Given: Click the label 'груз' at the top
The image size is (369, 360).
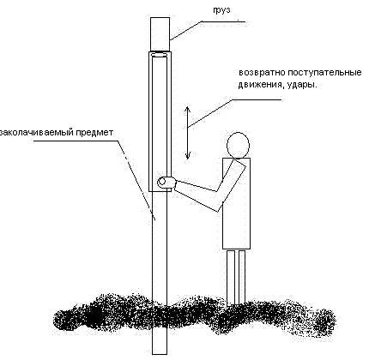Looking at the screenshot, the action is coord(221,9).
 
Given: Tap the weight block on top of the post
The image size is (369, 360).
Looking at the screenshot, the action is coord(160,33).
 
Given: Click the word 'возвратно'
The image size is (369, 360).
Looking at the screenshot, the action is coord(262,73).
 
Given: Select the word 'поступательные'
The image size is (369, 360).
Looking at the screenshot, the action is coord(324,73).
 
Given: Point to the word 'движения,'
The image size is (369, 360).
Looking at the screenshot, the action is coord(260,85).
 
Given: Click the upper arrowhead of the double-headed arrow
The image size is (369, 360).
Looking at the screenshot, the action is coord(187,109).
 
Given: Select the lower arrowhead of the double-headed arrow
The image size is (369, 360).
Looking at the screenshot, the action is coord(188,156).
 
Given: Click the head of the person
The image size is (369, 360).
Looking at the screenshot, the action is coord(238,145).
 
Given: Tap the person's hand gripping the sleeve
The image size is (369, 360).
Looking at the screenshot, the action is coord(166,183).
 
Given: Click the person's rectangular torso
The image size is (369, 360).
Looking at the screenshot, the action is coord(237,203).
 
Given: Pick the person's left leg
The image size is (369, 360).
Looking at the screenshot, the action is coord(231,278).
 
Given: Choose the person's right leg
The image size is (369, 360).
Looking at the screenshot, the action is coord(242,277).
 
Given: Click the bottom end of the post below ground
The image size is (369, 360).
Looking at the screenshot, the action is coord(160,354).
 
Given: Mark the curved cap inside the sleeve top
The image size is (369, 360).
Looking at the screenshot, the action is coord(160,55).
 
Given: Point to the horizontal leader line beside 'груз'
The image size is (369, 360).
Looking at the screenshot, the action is coord(223,21).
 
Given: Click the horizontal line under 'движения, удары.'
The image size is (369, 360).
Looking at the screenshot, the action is coord(257,99).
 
